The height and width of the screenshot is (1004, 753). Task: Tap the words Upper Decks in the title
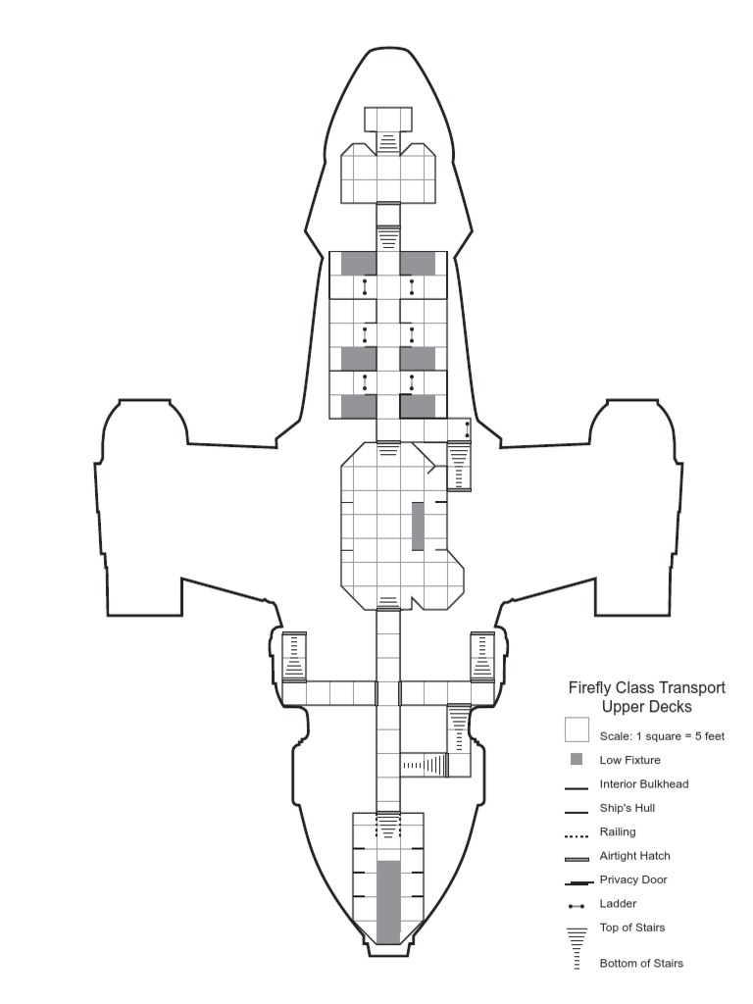click(647, 706)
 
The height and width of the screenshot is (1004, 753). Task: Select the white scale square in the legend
click(577, 731)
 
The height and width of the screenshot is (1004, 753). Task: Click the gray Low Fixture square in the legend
click(577, 760)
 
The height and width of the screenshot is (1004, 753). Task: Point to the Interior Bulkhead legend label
click(644, 784)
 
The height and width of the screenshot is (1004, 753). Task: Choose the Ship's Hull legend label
click(627, 809)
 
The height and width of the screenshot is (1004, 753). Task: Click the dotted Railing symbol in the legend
click(577, 835)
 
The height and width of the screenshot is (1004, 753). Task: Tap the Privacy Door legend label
click(633, 880)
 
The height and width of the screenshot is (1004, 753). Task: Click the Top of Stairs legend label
click(632, 928)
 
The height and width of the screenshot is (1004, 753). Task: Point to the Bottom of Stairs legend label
click(641, 963)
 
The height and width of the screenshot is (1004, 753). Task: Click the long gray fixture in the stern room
click(389, 901)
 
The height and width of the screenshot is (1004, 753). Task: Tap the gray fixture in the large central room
click(418, 526)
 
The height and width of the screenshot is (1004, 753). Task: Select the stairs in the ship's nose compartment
click(389, 143)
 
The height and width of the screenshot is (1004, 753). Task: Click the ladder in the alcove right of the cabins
click(467, 429)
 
